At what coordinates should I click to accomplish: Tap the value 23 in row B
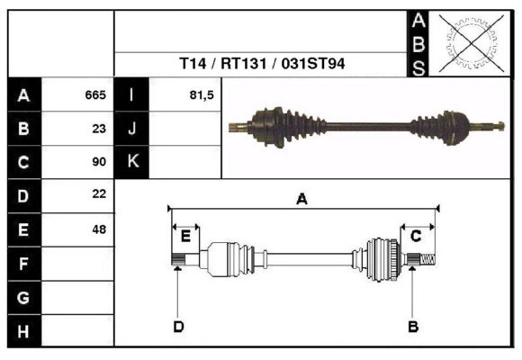pos(99,129)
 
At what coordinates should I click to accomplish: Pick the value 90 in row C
pos(99,162)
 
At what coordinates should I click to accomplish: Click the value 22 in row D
pos(99,193)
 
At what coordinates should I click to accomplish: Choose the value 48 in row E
pos(99,229)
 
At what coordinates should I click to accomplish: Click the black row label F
pos(23,265)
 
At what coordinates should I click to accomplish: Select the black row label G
pos(23,298)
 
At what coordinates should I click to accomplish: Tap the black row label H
pos(23,332)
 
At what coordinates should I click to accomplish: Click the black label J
pos(132,129)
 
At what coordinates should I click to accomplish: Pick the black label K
pos(132,162)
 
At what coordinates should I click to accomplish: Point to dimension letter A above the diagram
pos(302,200)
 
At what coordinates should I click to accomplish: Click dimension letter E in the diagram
pos(185,237)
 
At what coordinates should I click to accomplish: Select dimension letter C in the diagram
pos(416,236)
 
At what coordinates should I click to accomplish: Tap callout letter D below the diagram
pos(178,326)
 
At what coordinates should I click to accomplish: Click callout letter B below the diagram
pos(413,326)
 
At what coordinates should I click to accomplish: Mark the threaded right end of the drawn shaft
pos(428,261)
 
